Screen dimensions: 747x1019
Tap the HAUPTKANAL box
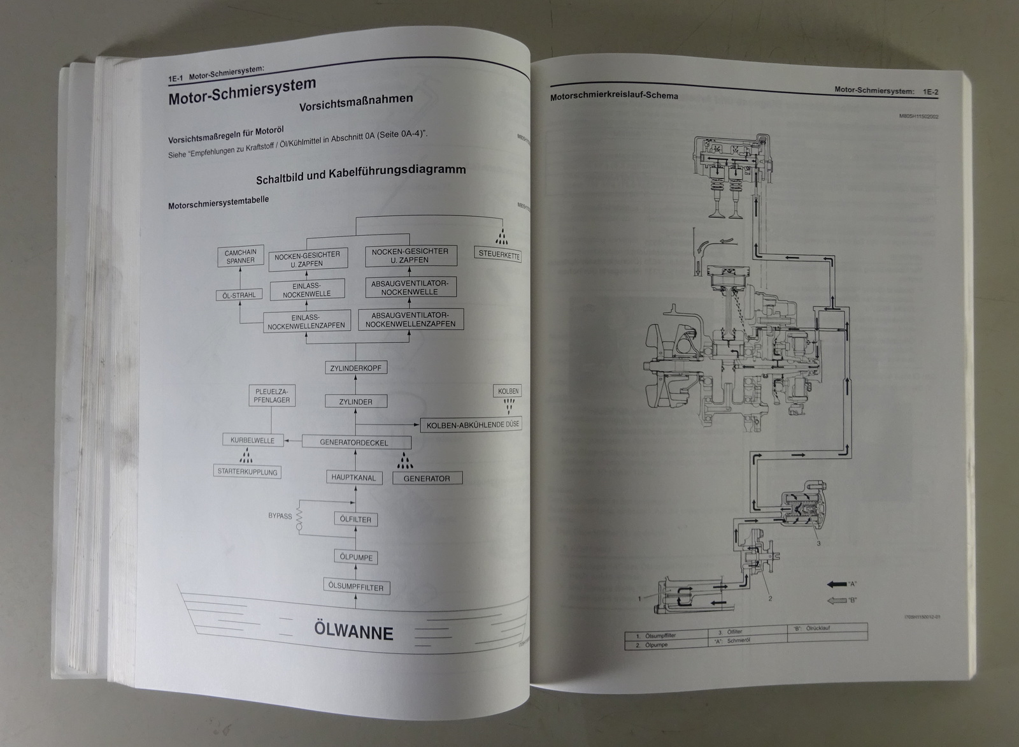[x=354, y=477]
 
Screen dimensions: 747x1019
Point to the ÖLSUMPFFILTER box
[x=356, y=587]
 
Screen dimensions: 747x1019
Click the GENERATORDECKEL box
[x=354, y=442]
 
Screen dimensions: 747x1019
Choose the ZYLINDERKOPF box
[x=355, y=368]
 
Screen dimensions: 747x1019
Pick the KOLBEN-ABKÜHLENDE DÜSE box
[x=471, y=425]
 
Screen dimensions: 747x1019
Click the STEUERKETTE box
[x=499, y=255]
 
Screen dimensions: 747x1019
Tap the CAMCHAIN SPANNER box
[x=239, y=257]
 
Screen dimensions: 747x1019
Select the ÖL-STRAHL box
[x=240, y=295]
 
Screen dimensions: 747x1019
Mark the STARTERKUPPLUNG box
[x=247, y=472]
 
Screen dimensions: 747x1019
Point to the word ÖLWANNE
[x=353, y=632]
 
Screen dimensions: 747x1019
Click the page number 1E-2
[x=931, y=92]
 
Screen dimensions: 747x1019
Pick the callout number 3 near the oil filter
[x=818, y=543]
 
